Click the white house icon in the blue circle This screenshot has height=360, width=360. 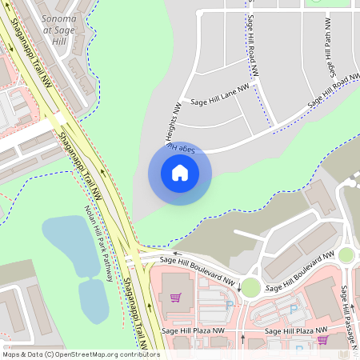(179, 173)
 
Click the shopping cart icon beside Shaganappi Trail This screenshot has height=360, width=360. (175, 298)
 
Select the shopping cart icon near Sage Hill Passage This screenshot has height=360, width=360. (322, 339)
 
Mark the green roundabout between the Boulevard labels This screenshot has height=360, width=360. (250, 287)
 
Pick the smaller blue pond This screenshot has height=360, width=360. (93, 300)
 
